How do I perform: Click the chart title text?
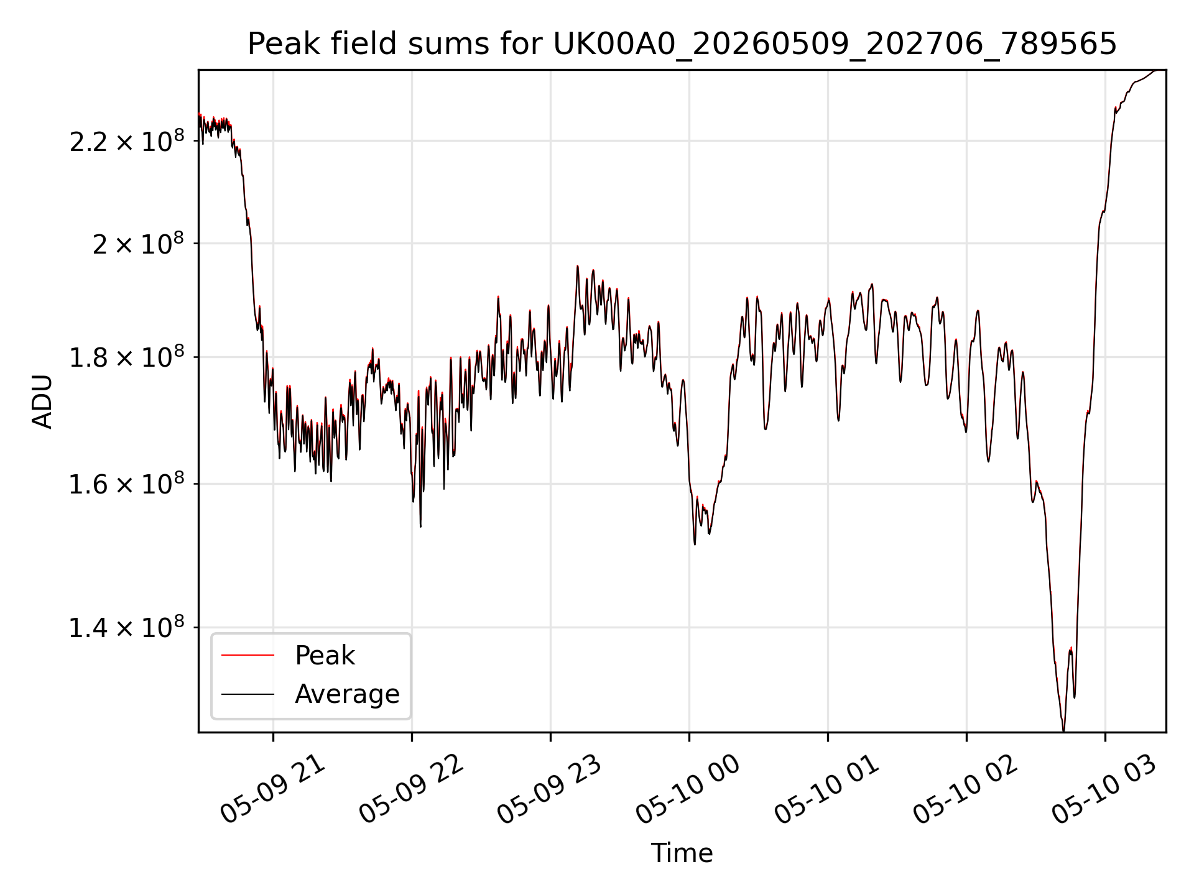[682, 44]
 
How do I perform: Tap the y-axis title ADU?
[42, 402]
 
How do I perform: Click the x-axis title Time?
[682, 853]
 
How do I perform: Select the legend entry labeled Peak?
[325, 655]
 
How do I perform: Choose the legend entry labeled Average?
[347, 694]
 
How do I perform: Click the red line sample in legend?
[248, 655]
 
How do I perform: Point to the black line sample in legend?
[248, 694]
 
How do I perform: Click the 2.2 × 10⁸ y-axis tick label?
[127, 141]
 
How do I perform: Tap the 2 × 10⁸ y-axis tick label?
[138, 244]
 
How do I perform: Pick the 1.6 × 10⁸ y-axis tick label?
[127, 484]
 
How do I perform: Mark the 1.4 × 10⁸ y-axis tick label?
[127, 627]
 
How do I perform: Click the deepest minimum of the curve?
[1063, 731]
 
